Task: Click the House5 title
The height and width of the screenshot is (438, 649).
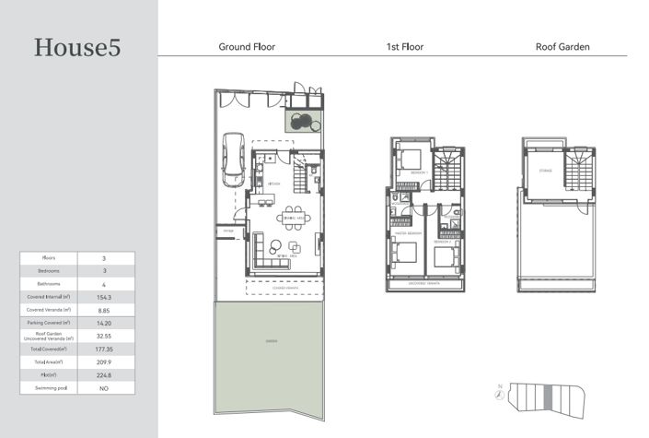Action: tap(77, 48)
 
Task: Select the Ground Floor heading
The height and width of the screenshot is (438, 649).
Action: tap(246, 46)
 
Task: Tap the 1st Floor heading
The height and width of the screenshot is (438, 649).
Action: tap(405, 46)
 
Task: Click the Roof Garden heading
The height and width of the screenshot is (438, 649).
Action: tap(562, 46)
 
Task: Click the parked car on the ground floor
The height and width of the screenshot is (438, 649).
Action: tap(232, 156)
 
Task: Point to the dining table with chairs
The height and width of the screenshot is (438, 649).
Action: tap(294, 219)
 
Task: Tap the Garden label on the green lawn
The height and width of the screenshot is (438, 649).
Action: tap(269, 341)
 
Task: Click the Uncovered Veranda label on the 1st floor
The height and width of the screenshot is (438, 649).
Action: tap(425, 284)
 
